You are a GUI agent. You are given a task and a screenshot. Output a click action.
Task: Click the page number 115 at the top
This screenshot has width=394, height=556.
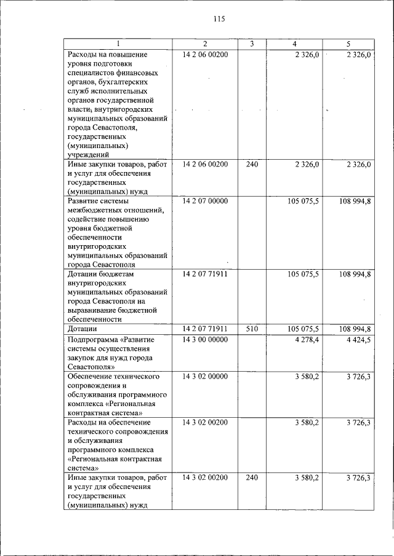220,19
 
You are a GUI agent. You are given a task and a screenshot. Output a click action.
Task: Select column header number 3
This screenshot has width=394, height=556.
252,44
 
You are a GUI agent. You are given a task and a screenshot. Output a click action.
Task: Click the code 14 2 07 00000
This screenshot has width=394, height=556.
205,201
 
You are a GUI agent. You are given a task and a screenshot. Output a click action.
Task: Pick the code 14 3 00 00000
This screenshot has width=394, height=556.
205,339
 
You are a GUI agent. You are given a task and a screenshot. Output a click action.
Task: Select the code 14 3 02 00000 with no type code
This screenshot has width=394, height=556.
205,376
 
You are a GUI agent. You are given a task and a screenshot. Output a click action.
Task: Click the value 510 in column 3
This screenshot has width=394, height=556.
252,329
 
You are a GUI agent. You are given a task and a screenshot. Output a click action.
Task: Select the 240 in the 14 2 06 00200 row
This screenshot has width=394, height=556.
252,165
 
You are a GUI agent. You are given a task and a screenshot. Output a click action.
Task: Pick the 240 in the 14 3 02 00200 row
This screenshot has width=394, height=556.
252,477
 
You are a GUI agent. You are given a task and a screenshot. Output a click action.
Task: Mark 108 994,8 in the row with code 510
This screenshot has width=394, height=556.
354,329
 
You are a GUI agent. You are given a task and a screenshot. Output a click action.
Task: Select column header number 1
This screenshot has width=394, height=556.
119,44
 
